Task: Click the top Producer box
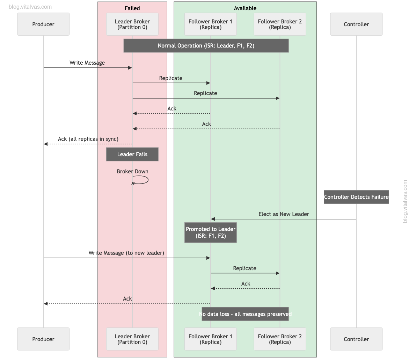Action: [x=43, y=24]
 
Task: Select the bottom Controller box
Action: [x=356, y=339]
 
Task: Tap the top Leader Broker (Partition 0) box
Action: [x=132, y=24]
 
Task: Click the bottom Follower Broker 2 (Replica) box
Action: [x=280, y=339]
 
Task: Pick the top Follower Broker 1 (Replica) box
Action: [x=210, y=24]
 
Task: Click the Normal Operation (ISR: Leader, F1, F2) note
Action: [x=206, y=46]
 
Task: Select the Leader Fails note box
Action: [x=132, y=154]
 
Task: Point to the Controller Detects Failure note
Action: [x=356, y=197]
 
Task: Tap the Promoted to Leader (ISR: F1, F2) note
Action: [x=211, y=232]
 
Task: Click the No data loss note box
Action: [x=245, y=314]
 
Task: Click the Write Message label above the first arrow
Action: [x=87, y=63]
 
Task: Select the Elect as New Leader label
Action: [x=284, y=214]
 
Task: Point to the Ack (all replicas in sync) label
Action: [x=88, y=139]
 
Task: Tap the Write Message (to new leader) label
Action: [x=126, y=253]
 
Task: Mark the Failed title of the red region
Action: [x=132, y=8]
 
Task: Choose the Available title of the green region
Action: [x=245, y=8]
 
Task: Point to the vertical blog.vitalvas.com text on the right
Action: [x=405, y=201]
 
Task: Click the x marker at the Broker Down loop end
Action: [x=133, y=183]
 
